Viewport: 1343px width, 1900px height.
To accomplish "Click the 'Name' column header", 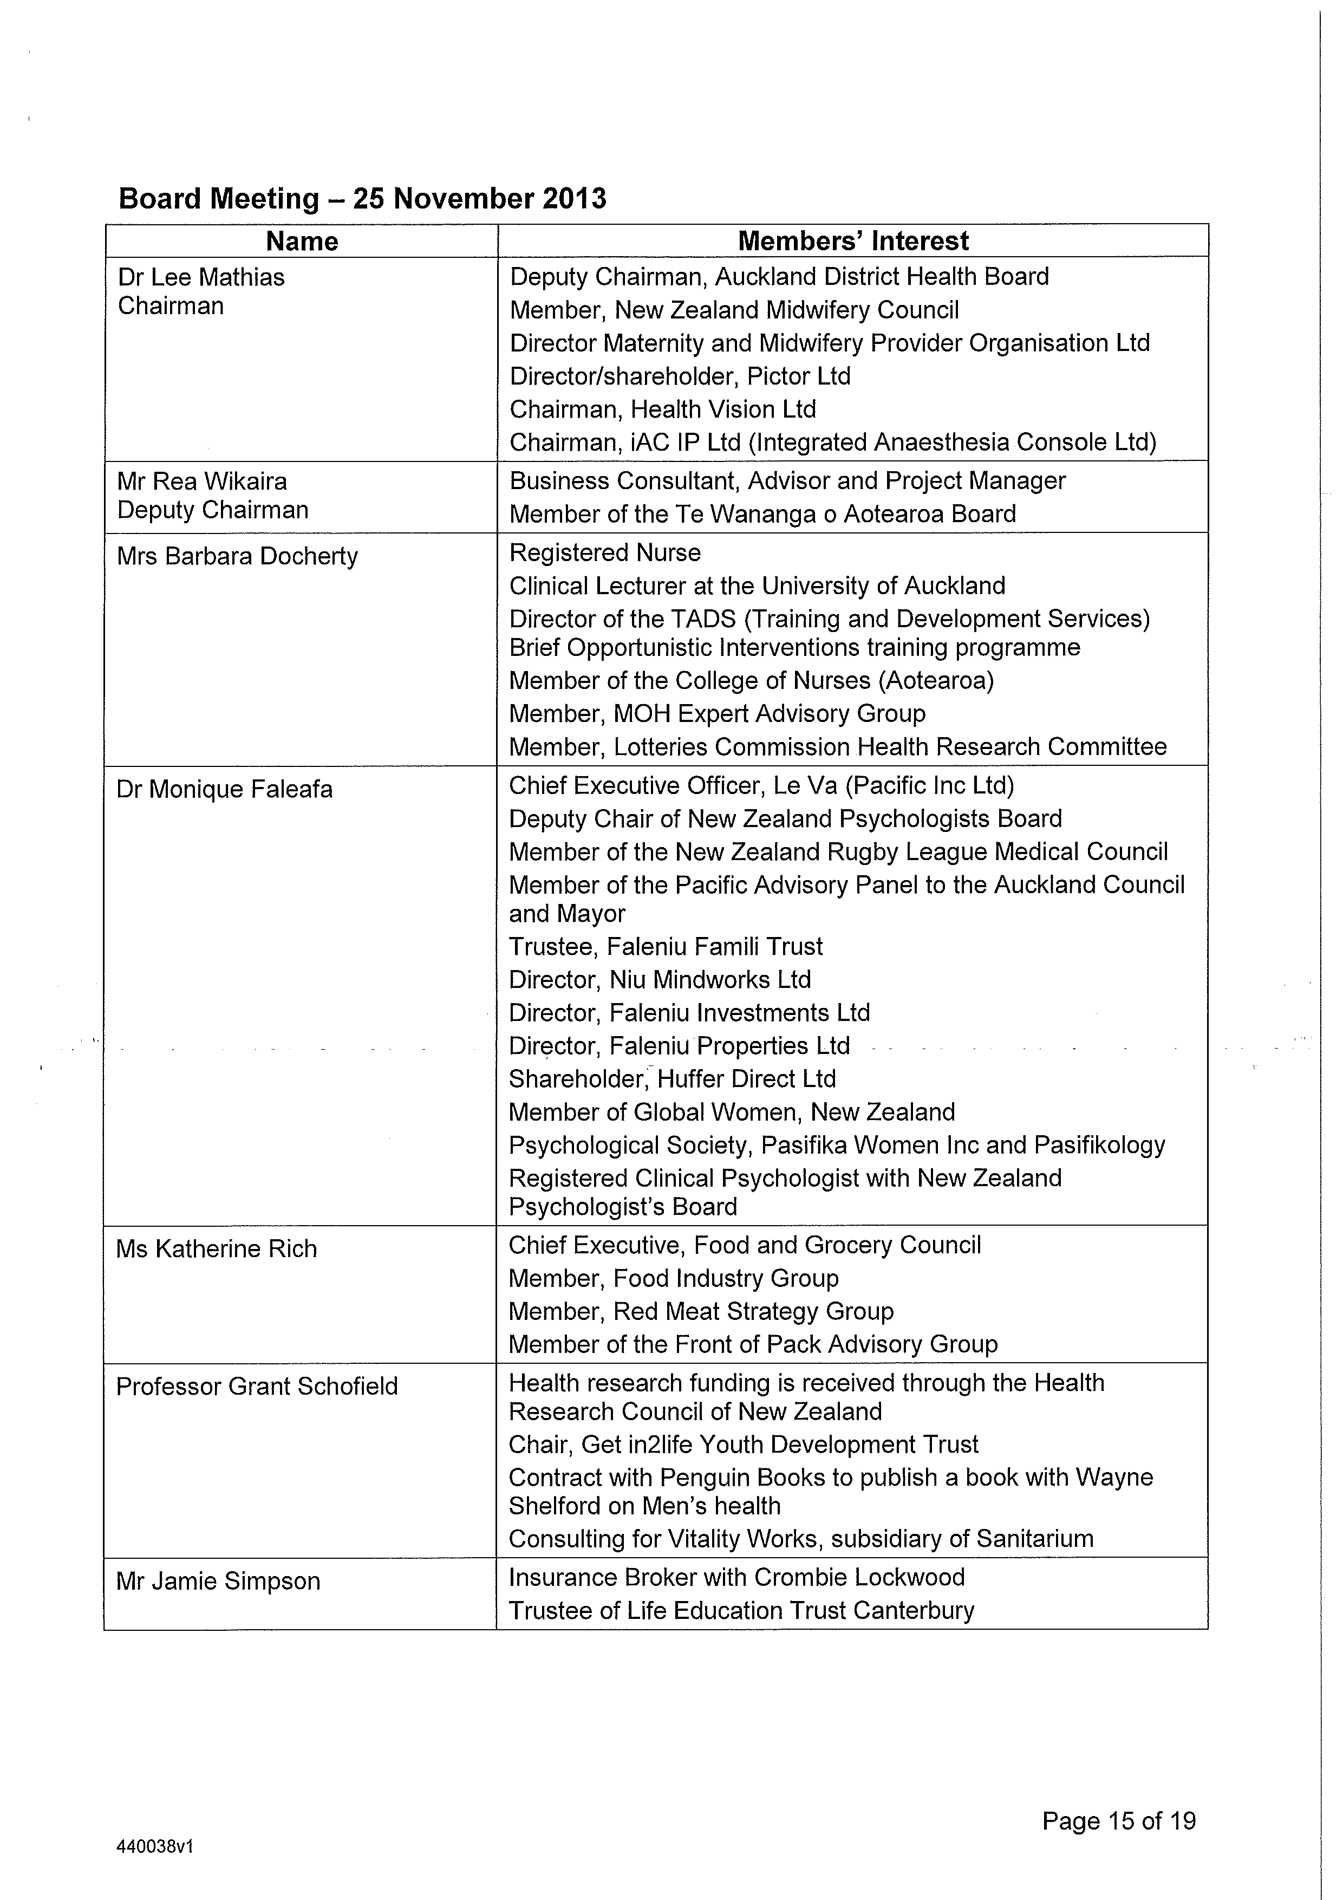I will point(302,241).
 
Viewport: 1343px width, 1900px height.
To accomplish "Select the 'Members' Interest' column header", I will point(852,241).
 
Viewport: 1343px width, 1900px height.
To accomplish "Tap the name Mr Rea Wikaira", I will point(202,481).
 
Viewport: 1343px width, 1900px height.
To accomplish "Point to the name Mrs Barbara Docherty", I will point(238,556).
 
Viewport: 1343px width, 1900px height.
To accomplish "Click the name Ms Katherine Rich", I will point(216,1249).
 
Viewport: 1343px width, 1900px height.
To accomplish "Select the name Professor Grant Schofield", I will point(257,1386).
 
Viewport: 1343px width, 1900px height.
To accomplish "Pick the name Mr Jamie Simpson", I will point(218,1582).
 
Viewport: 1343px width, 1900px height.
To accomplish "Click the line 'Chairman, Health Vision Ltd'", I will point(663,409).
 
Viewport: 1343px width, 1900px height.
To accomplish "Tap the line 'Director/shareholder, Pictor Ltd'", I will point(680,376).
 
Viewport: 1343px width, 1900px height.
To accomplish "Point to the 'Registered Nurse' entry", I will point(605,553).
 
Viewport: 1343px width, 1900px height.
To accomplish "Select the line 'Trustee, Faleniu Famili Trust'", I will point(666,947).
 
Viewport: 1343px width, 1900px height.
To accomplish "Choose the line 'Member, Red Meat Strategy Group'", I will point(701,1312).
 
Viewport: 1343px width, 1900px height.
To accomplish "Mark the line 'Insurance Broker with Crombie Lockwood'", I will point(736,1577).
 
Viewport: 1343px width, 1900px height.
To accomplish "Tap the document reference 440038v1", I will point(155,1847).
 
